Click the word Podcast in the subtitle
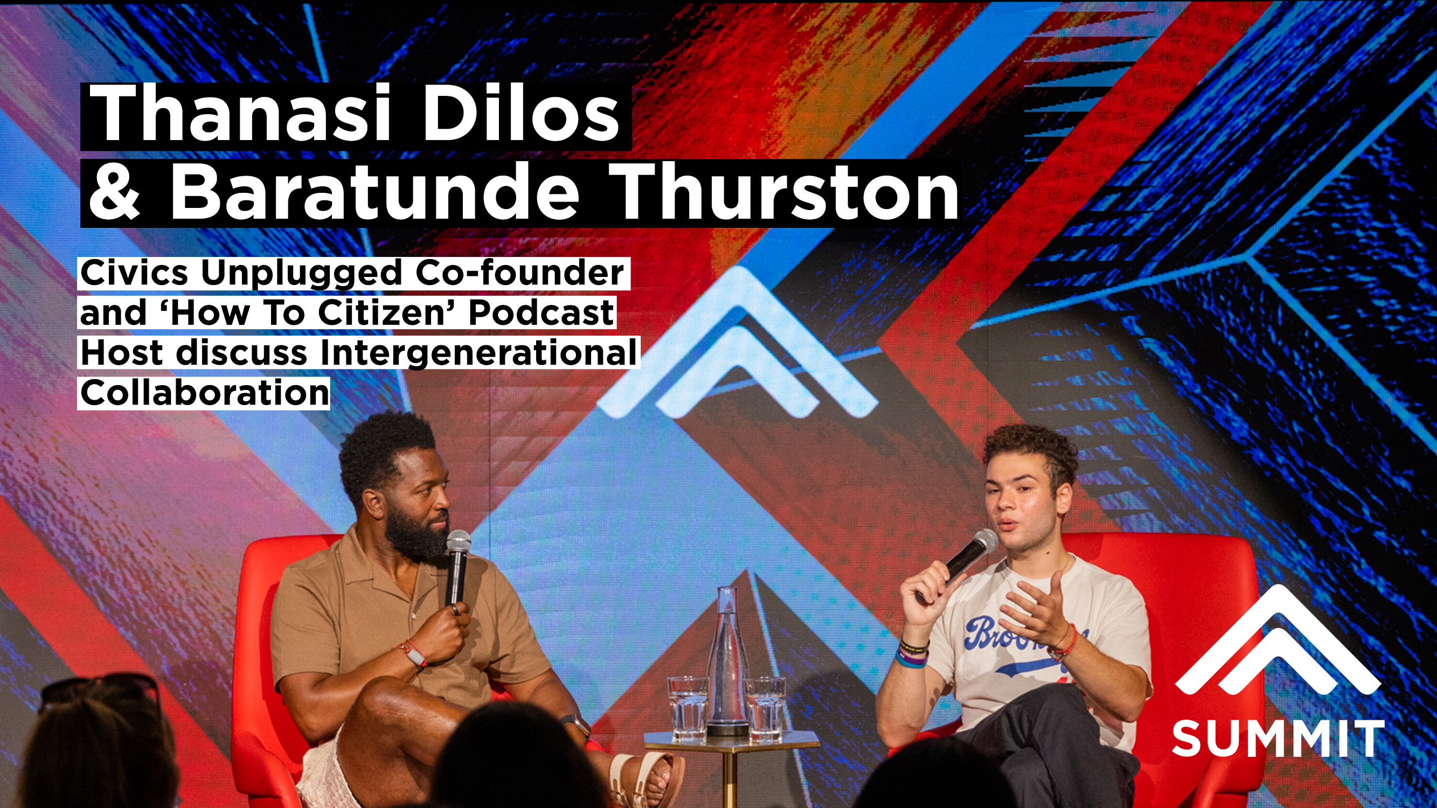[541, 313]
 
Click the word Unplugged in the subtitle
[301, 273]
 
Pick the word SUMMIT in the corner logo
[1278, 738]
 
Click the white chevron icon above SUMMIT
[1278, 647]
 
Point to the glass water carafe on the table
[727, 664]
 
